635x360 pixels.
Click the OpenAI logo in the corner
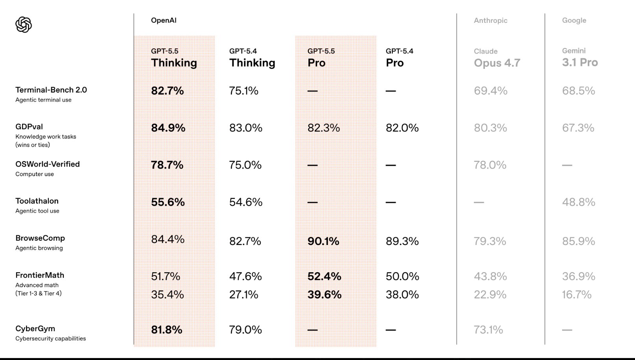(x=24, y=25)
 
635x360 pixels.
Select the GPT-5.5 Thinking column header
(x=174, y=58)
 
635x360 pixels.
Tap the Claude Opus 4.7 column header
(x=497, y=58)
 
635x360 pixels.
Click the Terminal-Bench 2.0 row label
(x=51, y=90)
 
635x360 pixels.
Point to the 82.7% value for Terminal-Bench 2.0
(x=167, y=91)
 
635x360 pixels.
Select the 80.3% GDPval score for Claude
(x=490, y=128)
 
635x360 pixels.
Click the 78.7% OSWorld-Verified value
(x=167, y=165)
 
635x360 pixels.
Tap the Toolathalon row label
(x=37, y=201)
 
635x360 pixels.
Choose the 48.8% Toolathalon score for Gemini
(x=578, y=202)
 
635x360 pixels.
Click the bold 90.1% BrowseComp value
(x=323, y=241)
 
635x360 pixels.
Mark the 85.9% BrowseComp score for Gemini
(x=578, y=241)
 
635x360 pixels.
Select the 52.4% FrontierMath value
(x=324, y=276)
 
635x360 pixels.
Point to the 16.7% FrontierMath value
(x=577, y=295)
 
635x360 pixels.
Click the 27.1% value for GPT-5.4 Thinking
(x=244, y=295)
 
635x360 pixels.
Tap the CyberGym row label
(x=35, y=328)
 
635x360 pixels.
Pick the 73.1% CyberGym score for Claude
(x=488, y=330)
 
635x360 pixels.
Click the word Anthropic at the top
(x=490, y=20)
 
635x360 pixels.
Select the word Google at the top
(x=574, y=20)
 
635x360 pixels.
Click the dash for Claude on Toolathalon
(x=479, y=202)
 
